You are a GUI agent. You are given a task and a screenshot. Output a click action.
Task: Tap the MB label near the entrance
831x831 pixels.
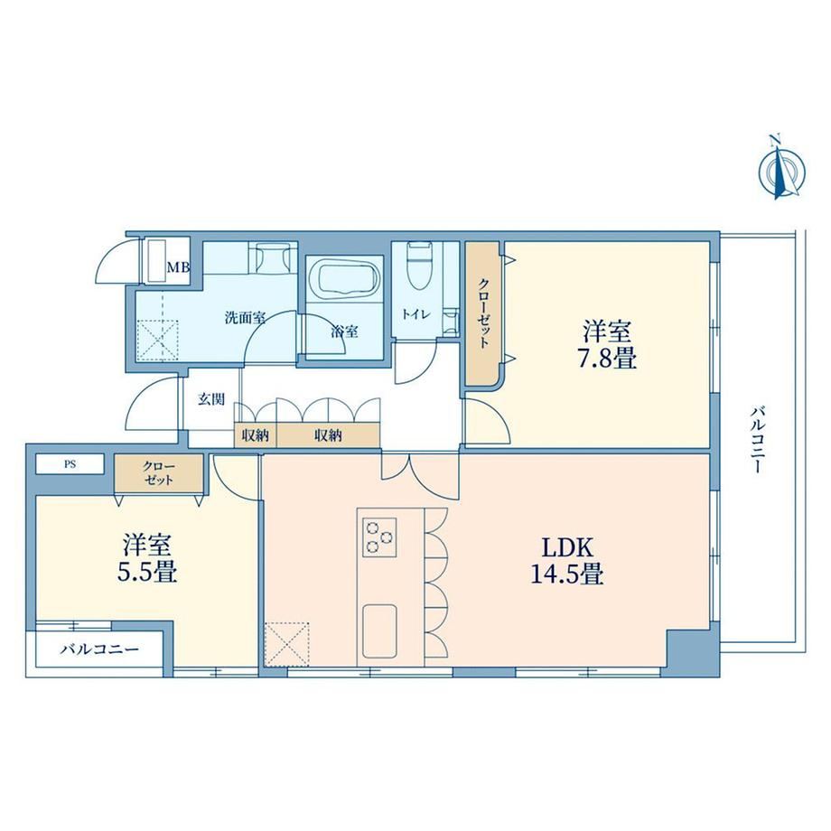pos(179,267)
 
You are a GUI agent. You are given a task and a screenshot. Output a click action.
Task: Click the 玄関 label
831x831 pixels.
pos(211,399)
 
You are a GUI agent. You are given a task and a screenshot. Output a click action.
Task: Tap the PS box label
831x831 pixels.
pos(70,464)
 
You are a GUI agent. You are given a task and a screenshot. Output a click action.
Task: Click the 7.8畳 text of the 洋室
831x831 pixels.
pos(607,359)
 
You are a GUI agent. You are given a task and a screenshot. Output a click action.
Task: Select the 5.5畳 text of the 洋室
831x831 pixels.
pos(147,573)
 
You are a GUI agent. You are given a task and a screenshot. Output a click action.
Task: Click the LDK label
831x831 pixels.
pos(567,547)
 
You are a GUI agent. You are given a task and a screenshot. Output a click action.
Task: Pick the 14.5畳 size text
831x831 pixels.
pos(567,574)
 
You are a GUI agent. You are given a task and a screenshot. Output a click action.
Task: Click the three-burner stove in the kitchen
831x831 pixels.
pos(379,537)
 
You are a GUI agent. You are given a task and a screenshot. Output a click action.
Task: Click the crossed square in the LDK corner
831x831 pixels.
pos(286,643)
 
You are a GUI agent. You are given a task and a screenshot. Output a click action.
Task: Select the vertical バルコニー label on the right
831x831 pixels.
pos(757,439)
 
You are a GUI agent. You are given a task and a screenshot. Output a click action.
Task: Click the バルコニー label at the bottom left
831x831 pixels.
pos(99,649)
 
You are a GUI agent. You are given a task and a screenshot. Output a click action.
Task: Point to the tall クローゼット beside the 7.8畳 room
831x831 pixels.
pos(482,313)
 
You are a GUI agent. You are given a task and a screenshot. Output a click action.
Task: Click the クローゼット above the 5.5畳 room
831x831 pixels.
pos(158,472)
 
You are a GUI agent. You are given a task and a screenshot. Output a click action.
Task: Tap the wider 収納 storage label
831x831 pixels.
pos(329,435)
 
